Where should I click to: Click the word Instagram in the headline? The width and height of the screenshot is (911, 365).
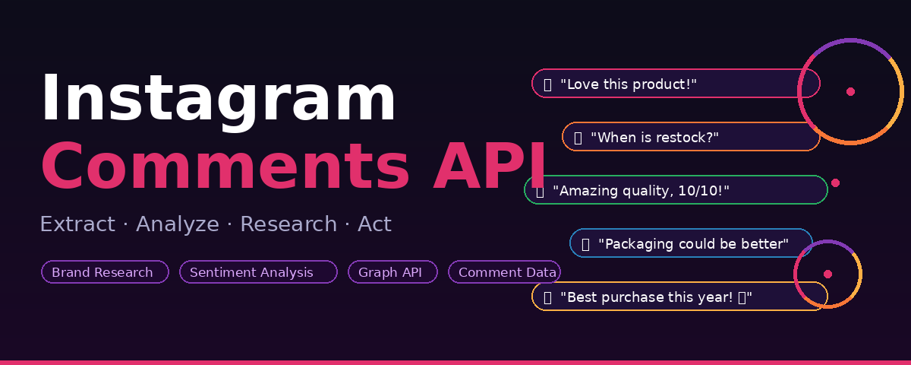click(218, 99)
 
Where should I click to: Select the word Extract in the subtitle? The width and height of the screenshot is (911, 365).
click(77, 225)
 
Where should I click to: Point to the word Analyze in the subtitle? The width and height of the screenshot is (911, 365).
click(177, 225)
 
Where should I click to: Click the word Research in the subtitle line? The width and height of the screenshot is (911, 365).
click(288, 225)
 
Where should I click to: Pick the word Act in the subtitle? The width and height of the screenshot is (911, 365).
click(374, 225)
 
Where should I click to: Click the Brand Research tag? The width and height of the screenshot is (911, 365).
click(104, 272)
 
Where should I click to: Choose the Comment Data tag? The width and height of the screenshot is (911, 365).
click(504, 272)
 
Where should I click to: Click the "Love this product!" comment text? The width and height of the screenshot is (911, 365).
click(629, 84)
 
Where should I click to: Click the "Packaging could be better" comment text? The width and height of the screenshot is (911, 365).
click(693, 244)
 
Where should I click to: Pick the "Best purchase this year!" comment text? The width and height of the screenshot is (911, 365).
click(650, 297)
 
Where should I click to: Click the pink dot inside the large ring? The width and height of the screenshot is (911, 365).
click(850, 91)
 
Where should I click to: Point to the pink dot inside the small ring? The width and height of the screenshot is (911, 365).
click(827, 274)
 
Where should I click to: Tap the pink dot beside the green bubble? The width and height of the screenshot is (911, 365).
click(835, 182)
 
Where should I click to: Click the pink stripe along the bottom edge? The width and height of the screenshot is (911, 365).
click(455, 362)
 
